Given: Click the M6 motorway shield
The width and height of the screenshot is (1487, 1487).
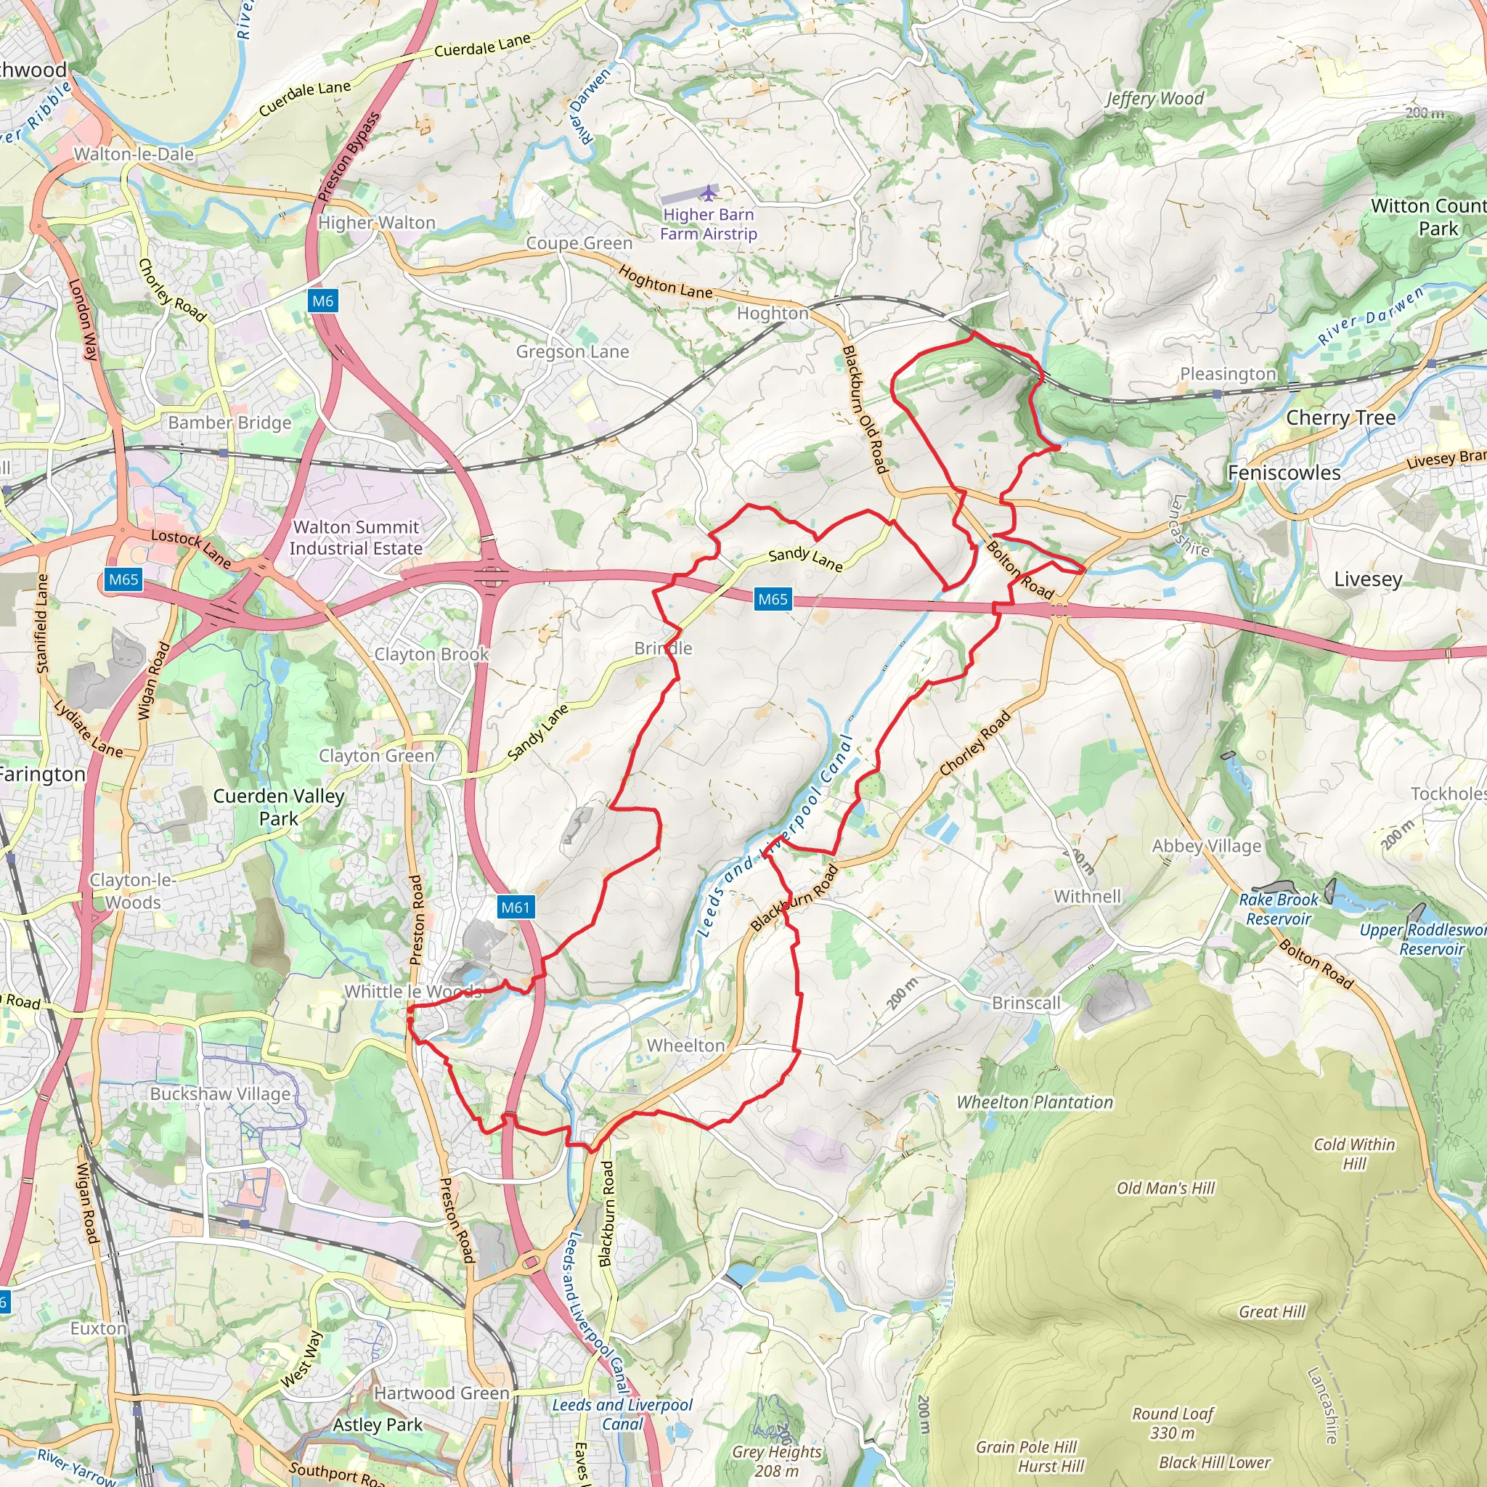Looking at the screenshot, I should (322, 301).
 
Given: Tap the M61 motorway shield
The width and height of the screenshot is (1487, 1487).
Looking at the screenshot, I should (516, 908).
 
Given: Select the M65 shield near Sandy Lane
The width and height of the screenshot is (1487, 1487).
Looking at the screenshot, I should (773, 599).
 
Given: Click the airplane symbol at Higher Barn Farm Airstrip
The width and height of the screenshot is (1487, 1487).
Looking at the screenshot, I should (708, 192).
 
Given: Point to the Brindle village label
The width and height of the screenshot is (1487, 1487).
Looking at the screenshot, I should (663, 648).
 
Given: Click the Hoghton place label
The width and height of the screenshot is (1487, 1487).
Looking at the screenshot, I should (773, 313).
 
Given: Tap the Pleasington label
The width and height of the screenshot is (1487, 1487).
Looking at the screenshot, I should (1228, 374).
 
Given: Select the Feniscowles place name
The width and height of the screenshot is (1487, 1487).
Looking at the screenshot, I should (1284, 473).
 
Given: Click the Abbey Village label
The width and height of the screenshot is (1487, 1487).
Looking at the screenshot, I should (1206, 846).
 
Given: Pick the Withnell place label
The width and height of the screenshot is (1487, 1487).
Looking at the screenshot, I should (1087, 896).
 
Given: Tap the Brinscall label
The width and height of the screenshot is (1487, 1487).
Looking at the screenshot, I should (1026, 1003).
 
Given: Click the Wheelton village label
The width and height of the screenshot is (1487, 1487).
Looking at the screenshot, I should (685, 1046).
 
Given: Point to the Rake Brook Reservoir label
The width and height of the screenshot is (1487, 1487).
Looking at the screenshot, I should (1279, 909).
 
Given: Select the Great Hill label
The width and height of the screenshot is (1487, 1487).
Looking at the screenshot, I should (1271, 1311).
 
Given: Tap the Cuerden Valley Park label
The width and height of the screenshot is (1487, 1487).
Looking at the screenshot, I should (279, 807).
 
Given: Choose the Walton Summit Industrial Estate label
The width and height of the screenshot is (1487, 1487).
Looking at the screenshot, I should (356, 537).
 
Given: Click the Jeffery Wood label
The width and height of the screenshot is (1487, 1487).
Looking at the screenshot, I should (1154, 99).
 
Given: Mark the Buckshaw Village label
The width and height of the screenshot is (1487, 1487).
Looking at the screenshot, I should (220, 1093).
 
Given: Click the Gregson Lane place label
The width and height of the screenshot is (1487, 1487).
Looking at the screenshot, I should (572, 351).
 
